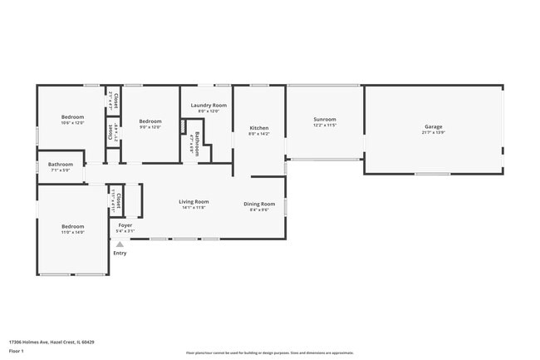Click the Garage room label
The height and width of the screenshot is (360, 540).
coord(434,126)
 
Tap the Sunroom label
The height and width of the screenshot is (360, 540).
coord(325,119)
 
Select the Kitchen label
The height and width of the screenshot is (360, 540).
coord(259,128)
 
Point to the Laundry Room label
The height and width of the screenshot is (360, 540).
coord(209,105)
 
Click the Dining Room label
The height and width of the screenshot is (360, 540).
coord(259,204)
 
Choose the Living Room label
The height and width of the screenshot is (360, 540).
coord(194,201)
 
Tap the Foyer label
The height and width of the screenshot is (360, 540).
coord(125,225)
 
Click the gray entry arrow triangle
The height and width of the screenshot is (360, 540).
coord(120,244)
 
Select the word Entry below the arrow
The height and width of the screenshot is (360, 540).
coord(120,253)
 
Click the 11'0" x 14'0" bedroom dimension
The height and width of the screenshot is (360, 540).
coord(72,232)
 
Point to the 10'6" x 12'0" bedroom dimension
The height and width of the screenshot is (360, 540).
coord(72,122)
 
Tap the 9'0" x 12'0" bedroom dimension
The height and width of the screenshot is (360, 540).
coord(150,126)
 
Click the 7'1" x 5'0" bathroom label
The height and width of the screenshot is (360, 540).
coord(60,170)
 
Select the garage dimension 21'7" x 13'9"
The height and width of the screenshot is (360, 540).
coord(434,132)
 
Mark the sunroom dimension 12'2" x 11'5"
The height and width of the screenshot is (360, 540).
coord(325,125)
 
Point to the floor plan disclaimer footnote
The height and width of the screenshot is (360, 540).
coord(269,353)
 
